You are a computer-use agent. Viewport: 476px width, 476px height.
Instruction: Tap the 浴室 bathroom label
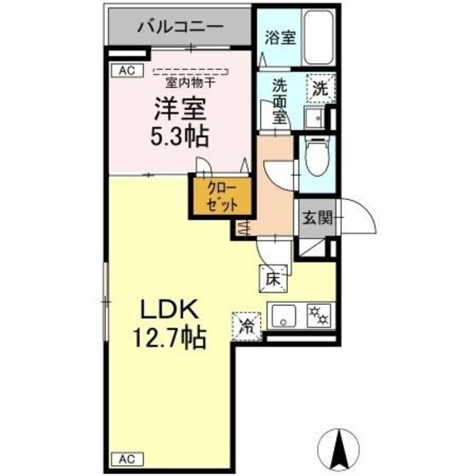tap(280, 37)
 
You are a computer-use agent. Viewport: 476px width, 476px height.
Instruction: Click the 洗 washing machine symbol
tap(319, 87)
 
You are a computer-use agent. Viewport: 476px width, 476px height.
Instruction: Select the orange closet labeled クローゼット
tap(220, 196)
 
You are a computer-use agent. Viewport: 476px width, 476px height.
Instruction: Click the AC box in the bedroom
tap(126, 71)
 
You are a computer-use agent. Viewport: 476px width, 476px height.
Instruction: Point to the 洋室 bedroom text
tap(179, 109)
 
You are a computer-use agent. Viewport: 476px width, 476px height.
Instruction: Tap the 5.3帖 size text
tap(179, 136)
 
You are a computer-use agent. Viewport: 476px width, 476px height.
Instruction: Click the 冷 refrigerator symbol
tap(247, 325)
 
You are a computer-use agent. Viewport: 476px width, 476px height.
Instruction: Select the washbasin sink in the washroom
tap(314, 117)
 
